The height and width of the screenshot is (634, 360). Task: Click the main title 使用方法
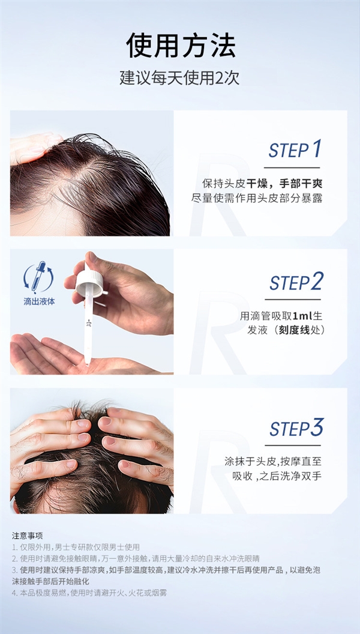pyautogui.click(x=180, y=46)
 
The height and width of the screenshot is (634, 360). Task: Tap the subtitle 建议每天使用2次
pyautogui.click(x=180, y=78)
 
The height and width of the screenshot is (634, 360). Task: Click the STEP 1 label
pyautogui.click(x=295, y=149)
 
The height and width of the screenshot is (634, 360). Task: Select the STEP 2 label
pyautogui.click(x=296, y=282)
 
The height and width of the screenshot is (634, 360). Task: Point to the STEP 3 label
pyautogui.click(x=296, y=428)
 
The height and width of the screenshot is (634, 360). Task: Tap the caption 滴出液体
pyautogui.click(x=39, y=301)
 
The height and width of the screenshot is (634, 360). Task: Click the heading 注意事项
pyautogui.click(x=28, y=535)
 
